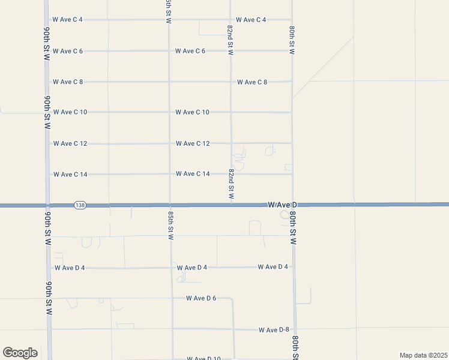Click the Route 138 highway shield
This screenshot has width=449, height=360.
(80, 205)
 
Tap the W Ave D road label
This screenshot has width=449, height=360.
(282, 205)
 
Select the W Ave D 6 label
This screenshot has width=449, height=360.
(200, 298)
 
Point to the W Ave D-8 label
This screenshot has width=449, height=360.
(274, 330)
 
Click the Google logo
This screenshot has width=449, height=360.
(20, 353)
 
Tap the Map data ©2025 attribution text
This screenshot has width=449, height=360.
(423, 355)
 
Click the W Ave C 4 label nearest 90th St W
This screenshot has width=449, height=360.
(67, 20)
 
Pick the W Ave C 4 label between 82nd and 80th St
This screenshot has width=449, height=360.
(251, 20)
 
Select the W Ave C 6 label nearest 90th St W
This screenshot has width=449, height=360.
(67, 51)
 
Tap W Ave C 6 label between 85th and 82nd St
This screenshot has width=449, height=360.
(190, 51)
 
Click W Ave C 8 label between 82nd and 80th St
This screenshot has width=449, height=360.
(252, 82)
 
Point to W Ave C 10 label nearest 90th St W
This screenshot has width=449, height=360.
(70, 112)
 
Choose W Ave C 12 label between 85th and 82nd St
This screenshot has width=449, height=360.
(193, 143)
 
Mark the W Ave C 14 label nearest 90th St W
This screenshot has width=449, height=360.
(70, 175)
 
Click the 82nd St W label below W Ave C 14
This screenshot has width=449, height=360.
(231, 184)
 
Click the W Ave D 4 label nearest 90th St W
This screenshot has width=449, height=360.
(69, 268)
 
